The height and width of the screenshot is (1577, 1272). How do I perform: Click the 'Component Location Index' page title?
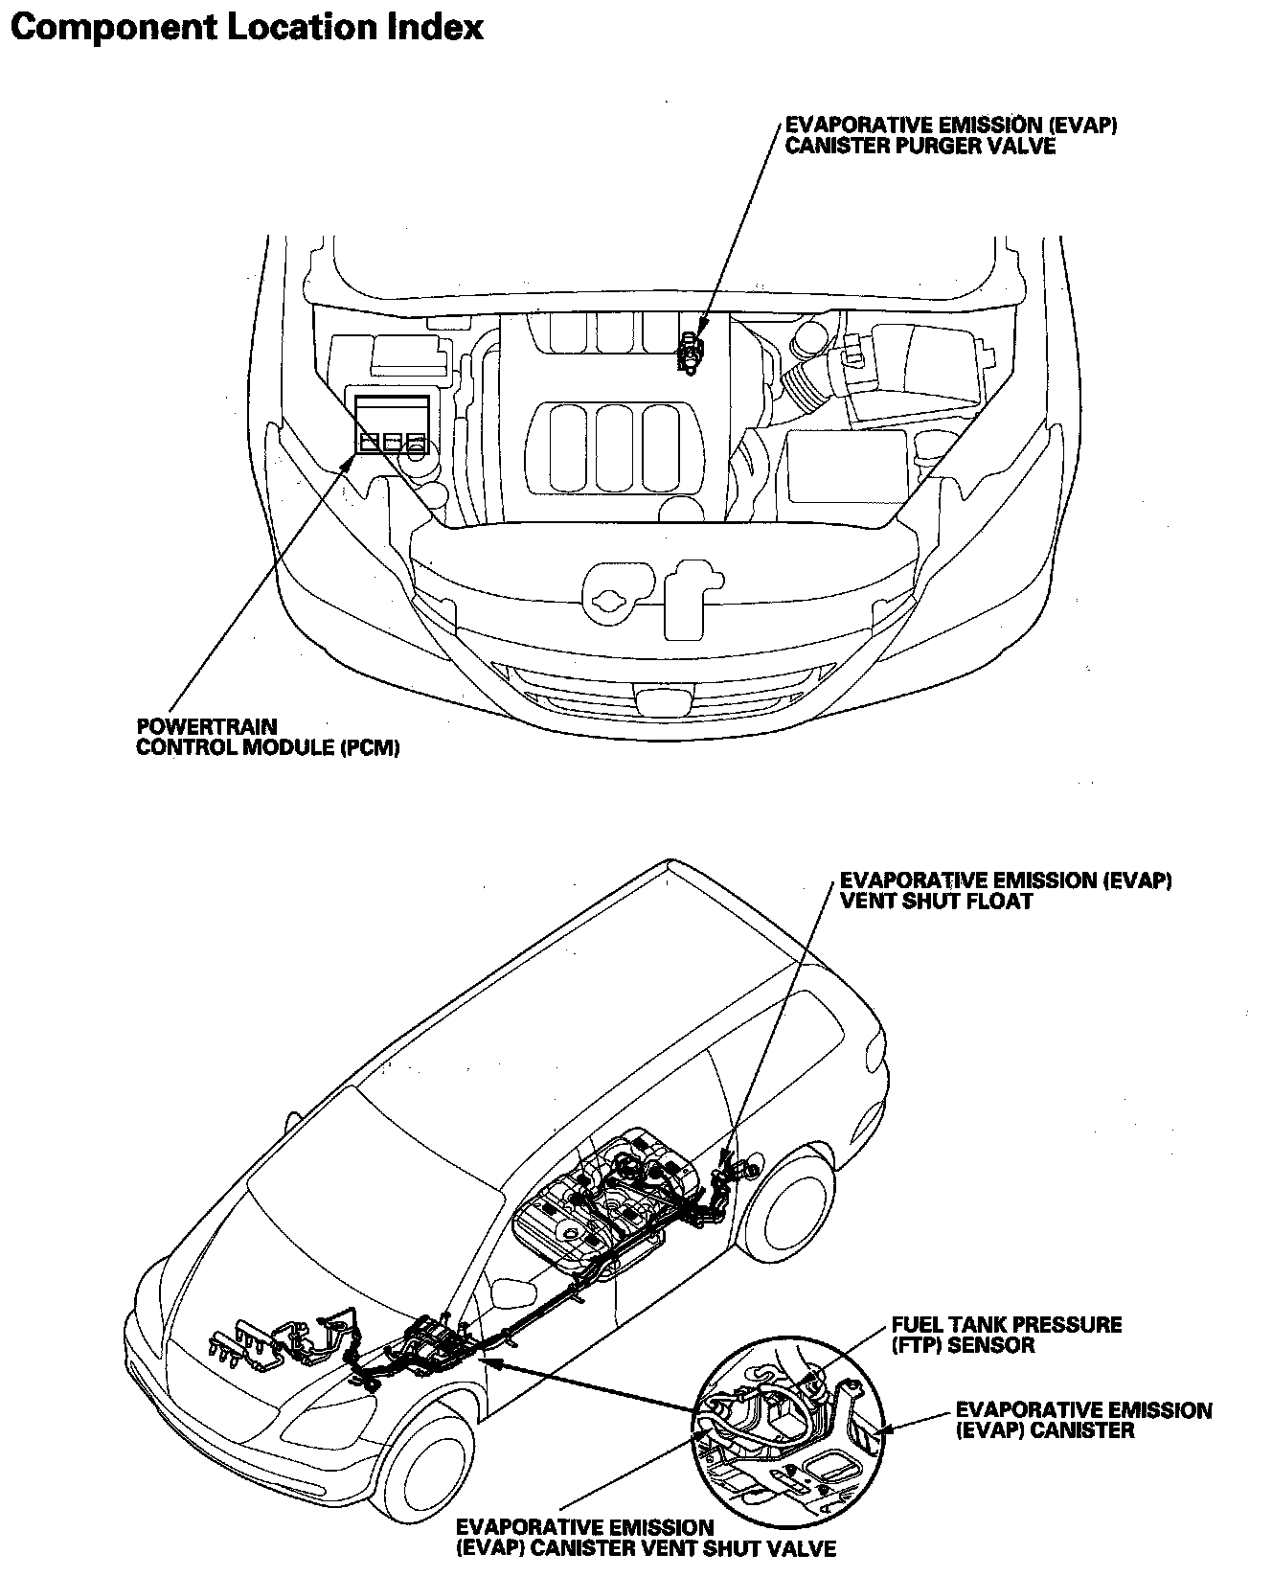(246, 27)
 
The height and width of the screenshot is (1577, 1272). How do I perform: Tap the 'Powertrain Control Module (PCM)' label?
(267, 738)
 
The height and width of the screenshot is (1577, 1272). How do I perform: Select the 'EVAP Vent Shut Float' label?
(1005, 890)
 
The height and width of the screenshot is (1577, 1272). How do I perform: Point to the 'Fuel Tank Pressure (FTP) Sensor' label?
(1006, 1335)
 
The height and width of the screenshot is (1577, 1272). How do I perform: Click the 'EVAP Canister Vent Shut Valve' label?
(646, 1538)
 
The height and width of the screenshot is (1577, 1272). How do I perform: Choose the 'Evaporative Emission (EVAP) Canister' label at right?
(1083, 1420)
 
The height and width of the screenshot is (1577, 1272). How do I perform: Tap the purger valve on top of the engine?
(690, 353)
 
